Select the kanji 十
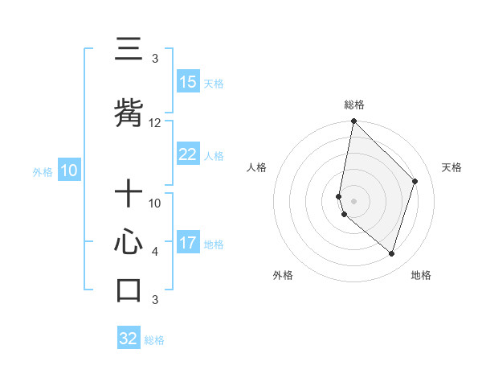pos(129,195)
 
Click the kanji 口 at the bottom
pos(129,290)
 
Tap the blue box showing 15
pos(188,82)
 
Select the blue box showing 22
pos(188,154)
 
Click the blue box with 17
pos(188,243)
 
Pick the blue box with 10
pos(69,171)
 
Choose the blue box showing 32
pos(129,339)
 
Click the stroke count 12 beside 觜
pos(155,123)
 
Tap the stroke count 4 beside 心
pos(155,252)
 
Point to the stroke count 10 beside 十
pos(155,203)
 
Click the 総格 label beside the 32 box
pos(154,340)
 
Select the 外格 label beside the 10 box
pos(43,171)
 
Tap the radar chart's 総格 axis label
pos(353,105)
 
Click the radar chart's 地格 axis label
pos(421,275)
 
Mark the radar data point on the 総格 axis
pos(353,121)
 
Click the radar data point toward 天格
pos(415,181)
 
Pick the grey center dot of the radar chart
pos(353,200)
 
